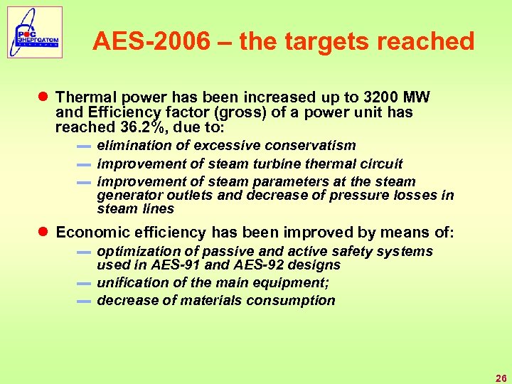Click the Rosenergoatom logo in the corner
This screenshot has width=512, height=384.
click(35, 32)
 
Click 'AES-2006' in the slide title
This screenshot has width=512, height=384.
click(151, 41)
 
